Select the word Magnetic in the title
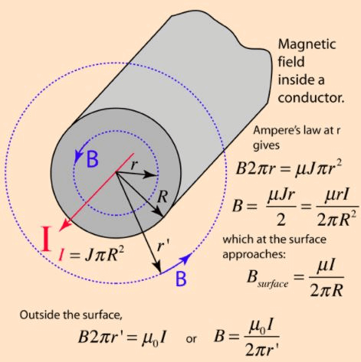pyautogui.click(x=306, y=45)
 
